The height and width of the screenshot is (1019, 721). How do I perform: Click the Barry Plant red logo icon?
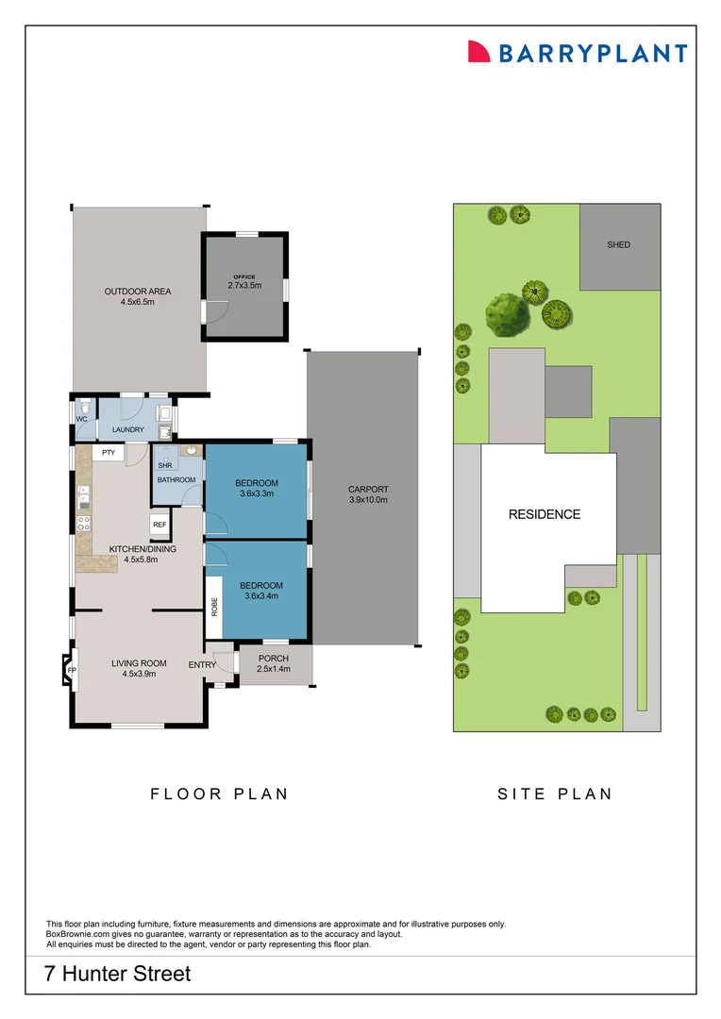pos(479,52)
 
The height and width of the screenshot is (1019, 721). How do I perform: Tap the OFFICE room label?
pos(243,276)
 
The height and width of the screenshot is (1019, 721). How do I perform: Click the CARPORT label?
pos(368,489)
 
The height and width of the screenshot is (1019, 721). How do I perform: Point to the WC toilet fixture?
pos(82,411)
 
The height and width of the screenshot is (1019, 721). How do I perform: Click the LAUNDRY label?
pos(127,430)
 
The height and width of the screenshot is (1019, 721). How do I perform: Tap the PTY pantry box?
pos(109,453)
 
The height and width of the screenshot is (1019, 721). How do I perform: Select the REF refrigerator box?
pos(159,525)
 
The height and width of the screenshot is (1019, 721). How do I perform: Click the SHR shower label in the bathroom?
pos(165,465)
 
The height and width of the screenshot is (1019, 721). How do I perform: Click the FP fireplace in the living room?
pos(71,670)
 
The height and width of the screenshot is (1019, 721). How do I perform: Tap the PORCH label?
pos(273,659)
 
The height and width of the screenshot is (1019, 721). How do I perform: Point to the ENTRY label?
pos(202,664)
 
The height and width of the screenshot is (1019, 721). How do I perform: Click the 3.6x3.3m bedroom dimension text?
pos(257,493)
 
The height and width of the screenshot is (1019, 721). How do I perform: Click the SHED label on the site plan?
pos(618,245)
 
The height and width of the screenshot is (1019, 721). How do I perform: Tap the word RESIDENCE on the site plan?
pos(545,514)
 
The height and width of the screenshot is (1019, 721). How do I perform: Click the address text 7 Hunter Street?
pos(118,973)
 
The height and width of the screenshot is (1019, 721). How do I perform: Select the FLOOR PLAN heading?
pos(219,793)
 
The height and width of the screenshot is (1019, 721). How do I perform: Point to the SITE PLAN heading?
pos(555,793)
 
